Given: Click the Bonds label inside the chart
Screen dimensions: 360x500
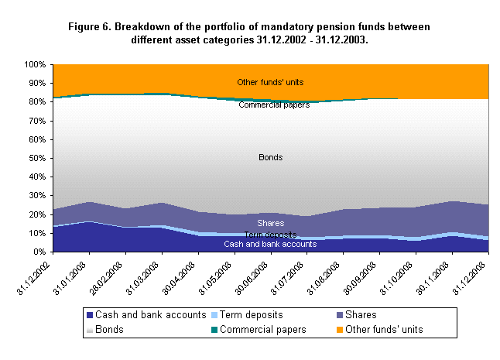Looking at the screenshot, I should point(270,157).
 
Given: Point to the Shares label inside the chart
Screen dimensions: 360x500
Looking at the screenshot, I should point(270,223).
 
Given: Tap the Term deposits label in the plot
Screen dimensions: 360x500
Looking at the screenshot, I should point(270,235).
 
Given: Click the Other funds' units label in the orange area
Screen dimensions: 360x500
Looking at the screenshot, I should point(270,82).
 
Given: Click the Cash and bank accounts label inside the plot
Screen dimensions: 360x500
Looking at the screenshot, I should point(270,244).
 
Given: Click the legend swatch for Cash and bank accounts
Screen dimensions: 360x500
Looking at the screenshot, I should point(90,316).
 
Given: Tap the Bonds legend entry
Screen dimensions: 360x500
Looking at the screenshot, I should point(108,329).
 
